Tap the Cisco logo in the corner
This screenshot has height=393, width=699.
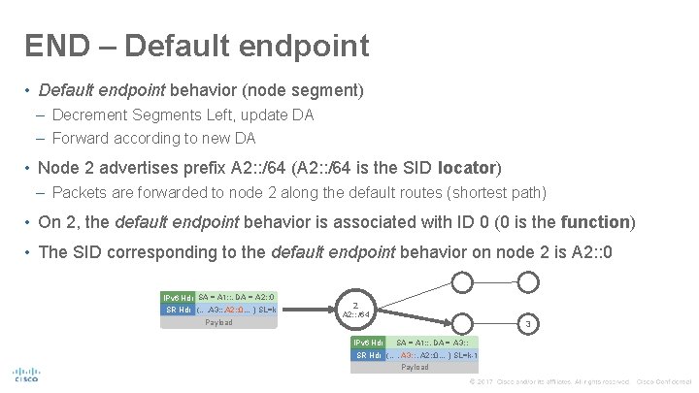[x=25, y=375]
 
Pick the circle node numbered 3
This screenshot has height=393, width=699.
[x=527, y=324]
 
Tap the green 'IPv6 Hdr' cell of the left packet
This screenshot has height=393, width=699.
[x=179, y=296]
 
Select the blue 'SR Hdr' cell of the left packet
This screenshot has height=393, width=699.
[x=178, y=310]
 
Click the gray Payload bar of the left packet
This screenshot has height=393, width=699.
[x=218, y=322]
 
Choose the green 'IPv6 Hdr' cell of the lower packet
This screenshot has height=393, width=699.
[x=369, y=343]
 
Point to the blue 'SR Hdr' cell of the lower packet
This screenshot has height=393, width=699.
[x=368, y=355]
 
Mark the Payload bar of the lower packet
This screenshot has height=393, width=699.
[x=415, y=368]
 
